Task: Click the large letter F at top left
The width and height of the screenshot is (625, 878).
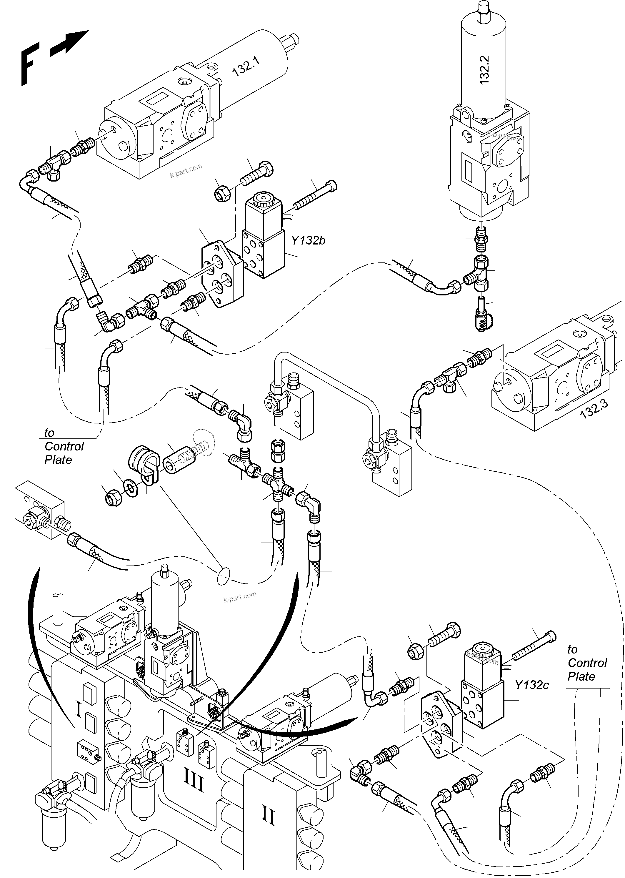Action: point(29,64)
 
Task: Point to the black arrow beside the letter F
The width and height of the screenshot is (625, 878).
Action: point(70,43)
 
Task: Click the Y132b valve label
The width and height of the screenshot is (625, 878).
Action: point(308,241)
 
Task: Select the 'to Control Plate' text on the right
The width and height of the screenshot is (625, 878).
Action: point(587,663)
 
